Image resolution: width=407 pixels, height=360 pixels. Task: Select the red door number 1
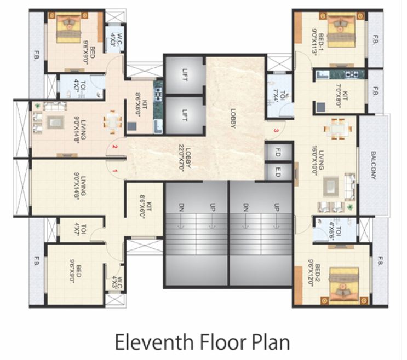[116, 172]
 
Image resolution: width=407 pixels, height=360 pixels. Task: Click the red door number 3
[276, 131]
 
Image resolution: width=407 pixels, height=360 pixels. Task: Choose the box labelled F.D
[278, 152]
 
